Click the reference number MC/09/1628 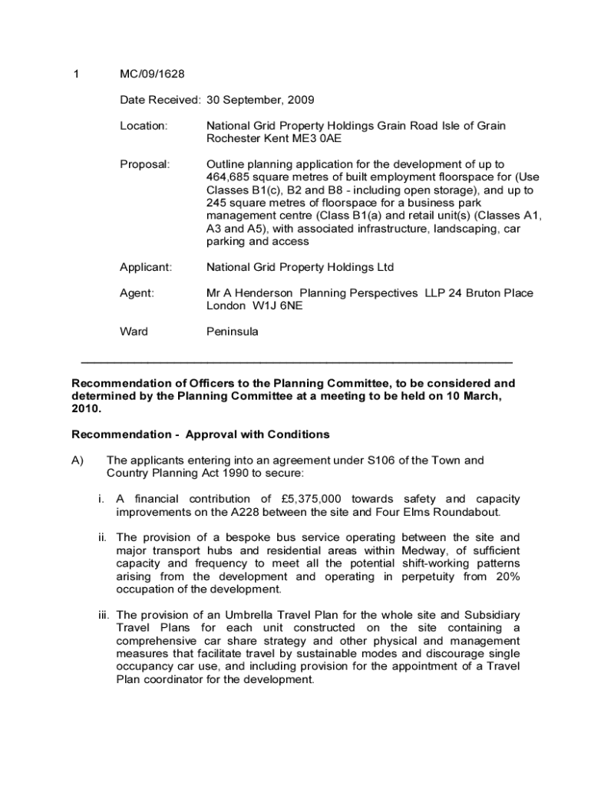[152, 74]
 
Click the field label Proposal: [144, 164]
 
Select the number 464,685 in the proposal [229, 177]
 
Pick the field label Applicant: [146, 267]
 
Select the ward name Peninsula [233, 332]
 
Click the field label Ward [134, 332]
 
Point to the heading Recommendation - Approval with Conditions [200, 434]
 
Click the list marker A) [78, 461]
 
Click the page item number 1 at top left [75, 74]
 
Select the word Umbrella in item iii [237, 615]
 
